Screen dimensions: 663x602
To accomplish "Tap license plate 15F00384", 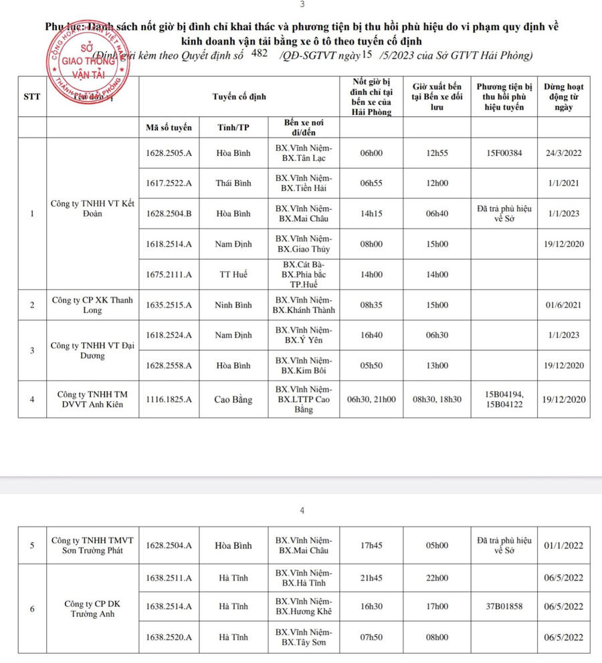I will tap(505, 153).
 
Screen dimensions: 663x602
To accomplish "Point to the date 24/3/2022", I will tap(563, 153).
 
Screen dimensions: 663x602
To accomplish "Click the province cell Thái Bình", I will tap(233, 183).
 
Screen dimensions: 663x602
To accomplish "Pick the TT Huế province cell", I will tap(233, 274).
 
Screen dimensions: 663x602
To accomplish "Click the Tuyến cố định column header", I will tap(239, 96).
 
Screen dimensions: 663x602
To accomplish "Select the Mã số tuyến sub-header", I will tap(168, 127).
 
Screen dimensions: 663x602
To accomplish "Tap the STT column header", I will tap(31, 96).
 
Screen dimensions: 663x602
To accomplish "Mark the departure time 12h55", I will tap(437, 153).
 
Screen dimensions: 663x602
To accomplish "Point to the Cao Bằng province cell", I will tap(233, 400).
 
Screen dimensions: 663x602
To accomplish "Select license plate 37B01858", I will tap(505, 606).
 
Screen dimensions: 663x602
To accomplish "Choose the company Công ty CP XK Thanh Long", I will tap(92, 305).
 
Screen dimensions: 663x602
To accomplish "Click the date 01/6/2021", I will tap(563, 305).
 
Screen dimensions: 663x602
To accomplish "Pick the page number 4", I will tap(302, 511).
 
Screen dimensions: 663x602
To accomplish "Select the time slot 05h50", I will tap(370, 366).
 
